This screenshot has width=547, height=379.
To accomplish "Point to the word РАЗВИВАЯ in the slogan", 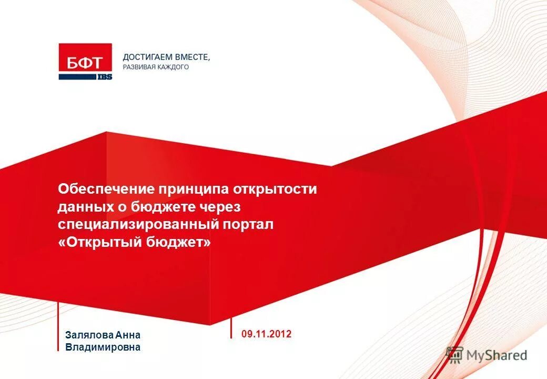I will tap(138, 67).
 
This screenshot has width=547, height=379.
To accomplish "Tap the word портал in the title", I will tap(250, 225).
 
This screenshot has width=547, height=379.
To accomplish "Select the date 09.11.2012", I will tap(266, 334).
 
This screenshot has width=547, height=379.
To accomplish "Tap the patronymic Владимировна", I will tap(103, 347).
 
